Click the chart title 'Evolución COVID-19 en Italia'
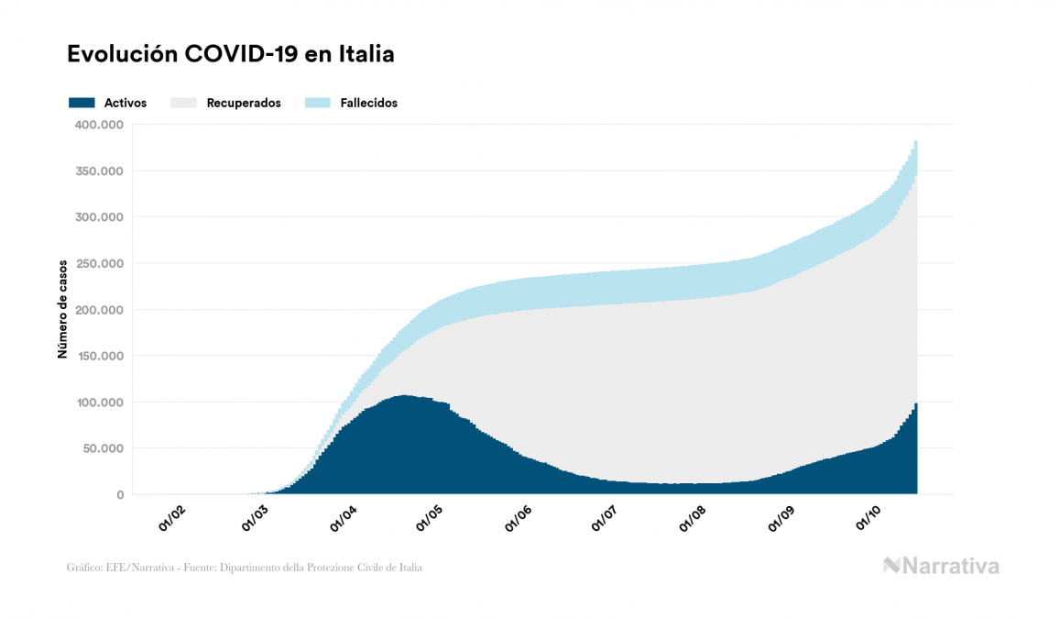231,54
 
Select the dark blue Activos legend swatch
82,103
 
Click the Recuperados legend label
244,103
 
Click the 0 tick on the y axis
119,495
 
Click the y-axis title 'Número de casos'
62,309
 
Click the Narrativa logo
941,566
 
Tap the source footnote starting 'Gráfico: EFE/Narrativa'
245,568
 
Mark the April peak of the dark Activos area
403,396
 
